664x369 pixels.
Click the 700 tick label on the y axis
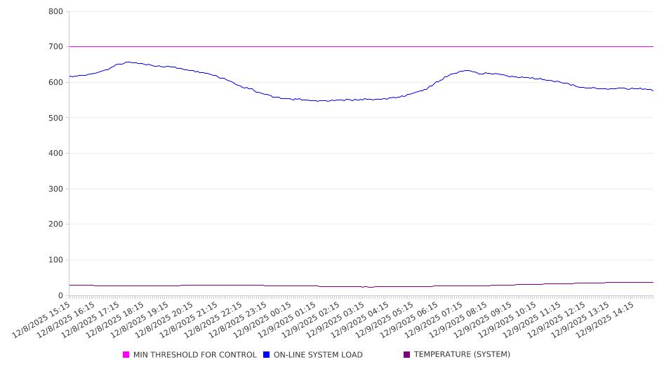coord(55,47)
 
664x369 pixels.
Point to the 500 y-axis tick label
coord(55,118)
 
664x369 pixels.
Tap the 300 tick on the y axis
coord(55,189)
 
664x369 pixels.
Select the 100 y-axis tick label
coord(55,260)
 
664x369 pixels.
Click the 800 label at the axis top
coord(55,12)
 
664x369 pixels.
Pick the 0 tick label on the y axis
coord(60,295)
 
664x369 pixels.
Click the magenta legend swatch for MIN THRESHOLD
coord(126,355)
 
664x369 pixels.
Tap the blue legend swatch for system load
coord(267,355)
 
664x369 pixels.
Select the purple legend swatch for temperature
coord(407,355)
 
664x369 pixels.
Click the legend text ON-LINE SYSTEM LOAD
coord(318,355)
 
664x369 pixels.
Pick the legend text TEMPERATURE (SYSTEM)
coord(462,355)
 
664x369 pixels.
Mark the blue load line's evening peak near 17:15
coord(128,62)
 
